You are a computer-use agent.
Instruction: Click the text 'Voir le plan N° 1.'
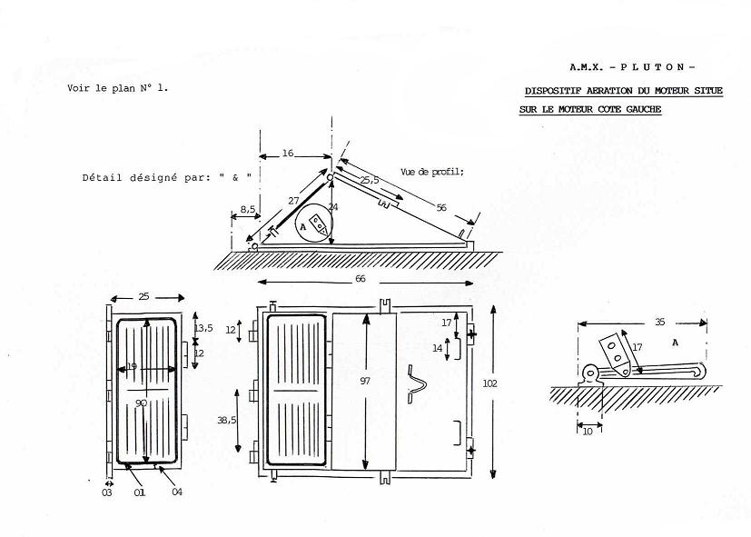[118, 88]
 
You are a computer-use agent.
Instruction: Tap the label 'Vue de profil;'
[432, 172]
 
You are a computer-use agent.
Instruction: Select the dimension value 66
[361, 278]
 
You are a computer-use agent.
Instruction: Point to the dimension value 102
[489, 383]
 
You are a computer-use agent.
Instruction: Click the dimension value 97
[365, 381]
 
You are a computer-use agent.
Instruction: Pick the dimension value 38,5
[226, 420]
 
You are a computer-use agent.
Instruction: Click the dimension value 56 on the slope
[441, 207]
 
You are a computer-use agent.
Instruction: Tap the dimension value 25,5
[370, 180]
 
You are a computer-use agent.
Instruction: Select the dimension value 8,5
[247, 209]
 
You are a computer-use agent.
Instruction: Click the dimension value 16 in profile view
[287, 153]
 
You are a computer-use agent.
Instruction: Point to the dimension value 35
[660, 322]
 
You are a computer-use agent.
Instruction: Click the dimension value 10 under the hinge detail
[588, 431]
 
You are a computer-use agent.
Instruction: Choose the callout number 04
[177, 492]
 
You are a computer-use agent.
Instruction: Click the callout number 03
[107, 492]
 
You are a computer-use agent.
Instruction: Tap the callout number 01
[139, 492]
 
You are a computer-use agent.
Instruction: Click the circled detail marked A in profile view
[295, 225]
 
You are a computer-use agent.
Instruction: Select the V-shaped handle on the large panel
[416, 383]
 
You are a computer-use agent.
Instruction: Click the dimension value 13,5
[203, 328]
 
